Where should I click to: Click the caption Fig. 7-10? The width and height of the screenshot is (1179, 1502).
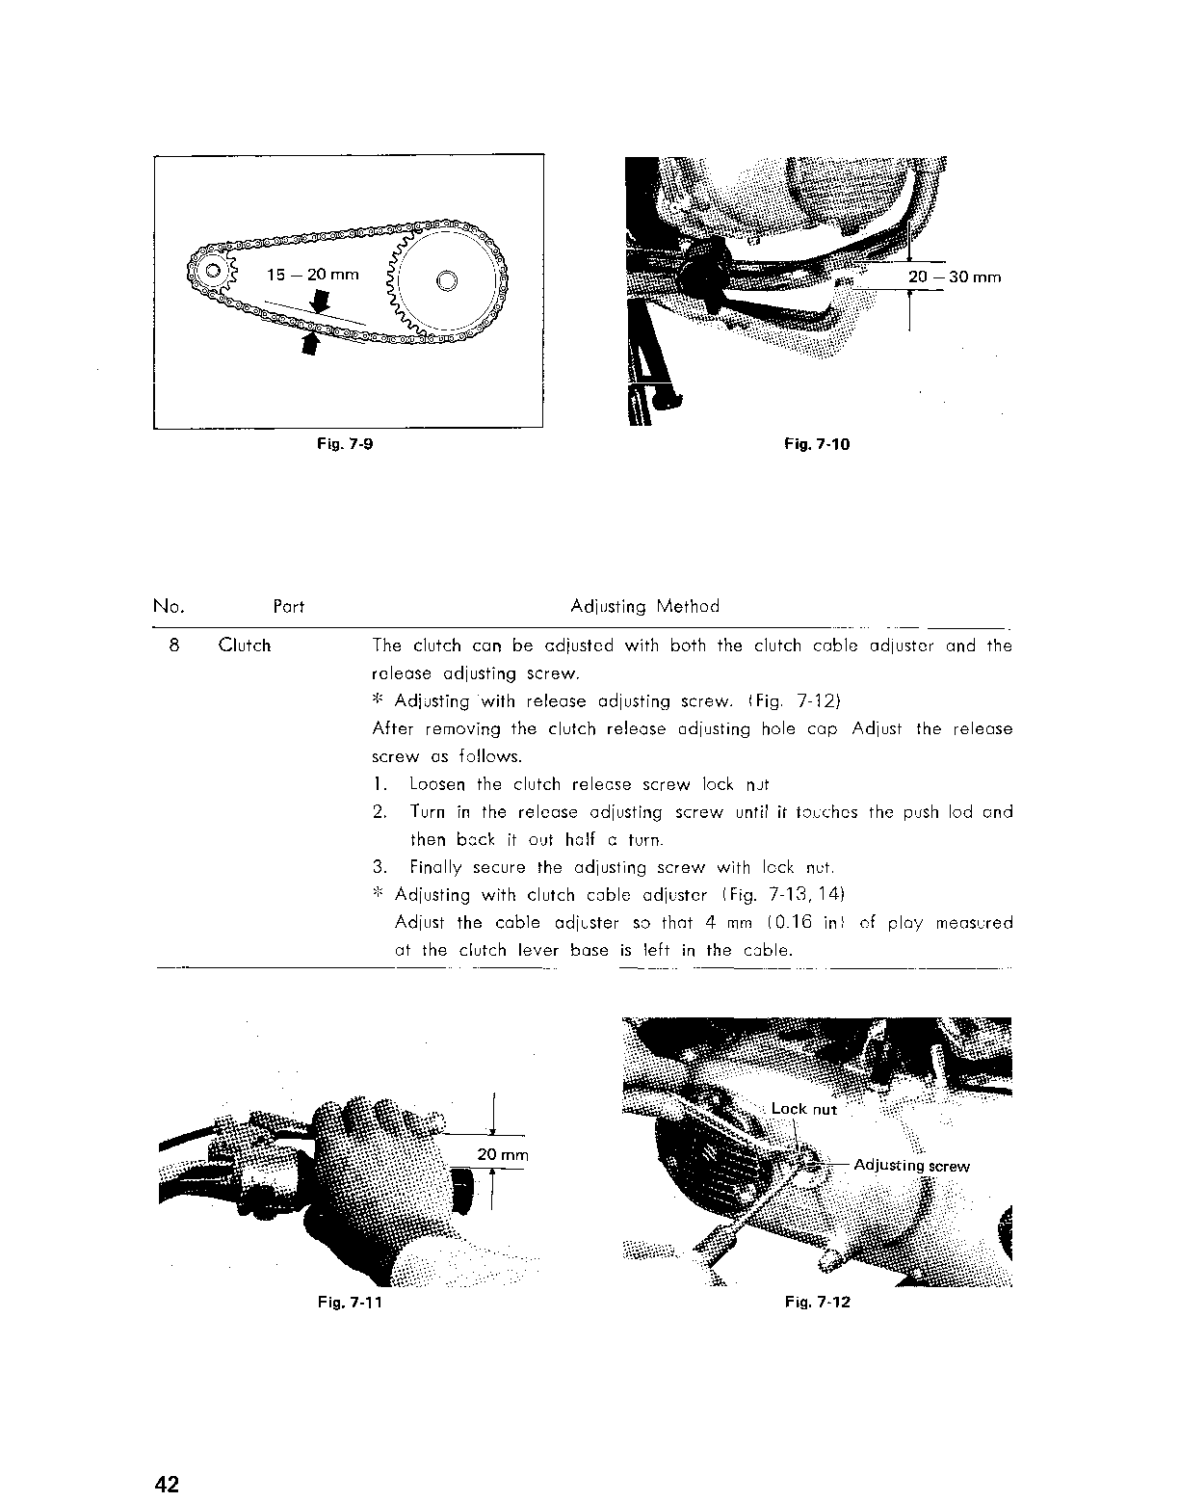[x=817, y=444]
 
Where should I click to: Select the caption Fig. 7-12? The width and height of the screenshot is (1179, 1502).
[x=818, y=1303]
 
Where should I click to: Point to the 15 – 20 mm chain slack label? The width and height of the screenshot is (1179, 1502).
[x=312, y=275]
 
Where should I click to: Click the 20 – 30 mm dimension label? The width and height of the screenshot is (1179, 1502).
[x=955, y=277]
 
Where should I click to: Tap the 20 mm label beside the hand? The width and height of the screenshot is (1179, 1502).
[x=503, y=1155]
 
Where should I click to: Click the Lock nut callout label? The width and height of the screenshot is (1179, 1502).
[x=804, y=1109]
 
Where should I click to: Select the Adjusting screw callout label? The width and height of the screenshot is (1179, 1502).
[x=911, y=1166]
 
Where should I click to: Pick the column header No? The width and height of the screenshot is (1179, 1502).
[x=169, y=606]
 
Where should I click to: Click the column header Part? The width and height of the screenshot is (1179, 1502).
[x=288, y=607]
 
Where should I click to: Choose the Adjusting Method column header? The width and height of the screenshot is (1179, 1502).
[x=644, y=606]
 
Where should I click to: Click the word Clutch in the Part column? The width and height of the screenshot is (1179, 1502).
[x=245, y=646]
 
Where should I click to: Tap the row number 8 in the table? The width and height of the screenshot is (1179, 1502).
[x=173, y=646]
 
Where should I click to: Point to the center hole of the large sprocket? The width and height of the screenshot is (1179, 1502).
[x=447, y=281]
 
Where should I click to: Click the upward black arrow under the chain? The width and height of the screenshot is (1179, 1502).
[x=310, y=342]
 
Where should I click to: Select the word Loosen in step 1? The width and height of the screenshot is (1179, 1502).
[x=439, y=784]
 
